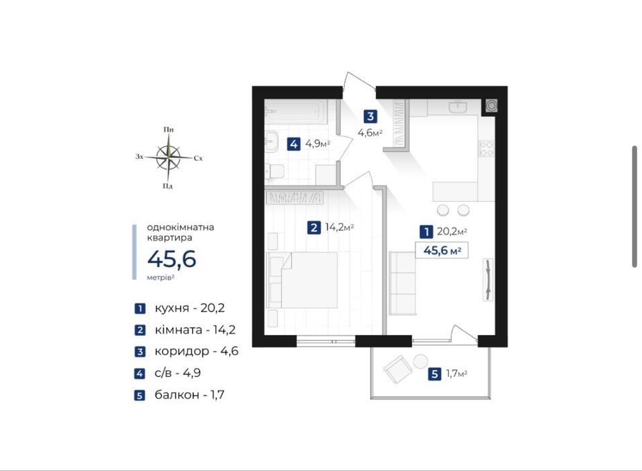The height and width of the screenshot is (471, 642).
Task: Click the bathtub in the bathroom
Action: pos(296,112)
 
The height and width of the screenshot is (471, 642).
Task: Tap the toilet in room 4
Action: pos(274,171)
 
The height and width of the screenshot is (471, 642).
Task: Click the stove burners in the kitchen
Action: pos(487,149)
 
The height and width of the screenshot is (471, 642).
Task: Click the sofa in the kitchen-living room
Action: pos(403,283)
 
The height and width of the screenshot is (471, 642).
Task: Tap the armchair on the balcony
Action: pos(397,369)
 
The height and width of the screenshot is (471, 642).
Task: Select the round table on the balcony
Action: pos(420,361)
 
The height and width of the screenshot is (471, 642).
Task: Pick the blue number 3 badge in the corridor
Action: pos(370,116)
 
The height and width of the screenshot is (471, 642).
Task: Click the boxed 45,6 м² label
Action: pos(442,250)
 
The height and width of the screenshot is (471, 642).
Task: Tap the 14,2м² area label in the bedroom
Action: pos(339,227)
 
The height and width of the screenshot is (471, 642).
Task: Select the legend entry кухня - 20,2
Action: pos(190,308)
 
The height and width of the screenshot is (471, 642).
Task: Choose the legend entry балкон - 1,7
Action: pos(189,395)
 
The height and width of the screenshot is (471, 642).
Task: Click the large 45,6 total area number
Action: pos(172,259)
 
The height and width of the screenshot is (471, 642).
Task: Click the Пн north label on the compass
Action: pos(169,130)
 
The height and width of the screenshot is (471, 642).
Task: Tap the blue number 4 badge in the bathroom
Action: pos(294,144)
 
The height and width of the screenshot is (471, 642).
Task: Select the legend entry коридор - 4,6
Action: pos(196,351)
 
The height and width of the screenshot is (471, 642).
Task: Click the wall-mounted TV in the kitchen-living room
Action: pos(488,279)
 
